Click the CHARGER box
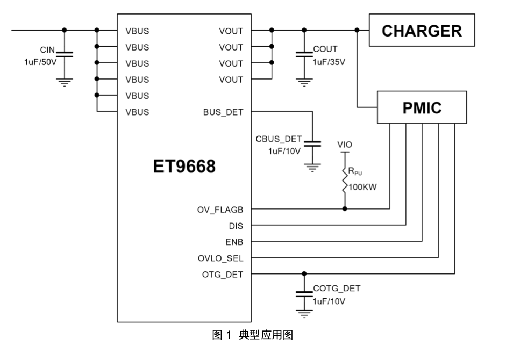[422, 31]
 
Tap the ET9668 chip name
[184, 167]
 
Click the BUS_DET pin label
[223, 113]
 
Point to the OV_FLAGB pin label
[220, 210]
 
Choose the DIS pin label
[236, 226]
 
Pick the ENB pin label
[234, 242]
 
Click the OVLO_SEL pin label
[220, 258]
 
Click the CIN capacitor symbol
[65, 54]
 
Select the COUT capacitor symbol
[304, 54]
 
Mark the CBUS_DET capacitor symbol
[312, 143]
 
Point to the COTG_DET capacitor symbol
[304, 294]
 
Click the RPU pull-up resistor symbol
[345, 180]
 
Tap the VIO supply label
[345, 145]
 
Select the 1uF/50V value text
[40, 62]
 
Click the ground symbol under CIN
[65, 82]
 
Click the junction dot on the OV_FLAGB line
[345, 209]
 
